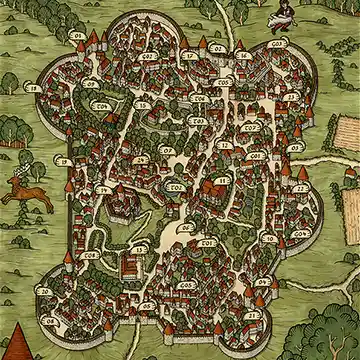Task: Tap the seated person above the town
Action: pos(281,14)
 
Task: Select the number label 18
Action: pos(34,89)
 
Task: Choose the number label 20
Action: pos(43,291)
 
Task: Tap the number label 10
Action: pos(268,239)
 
